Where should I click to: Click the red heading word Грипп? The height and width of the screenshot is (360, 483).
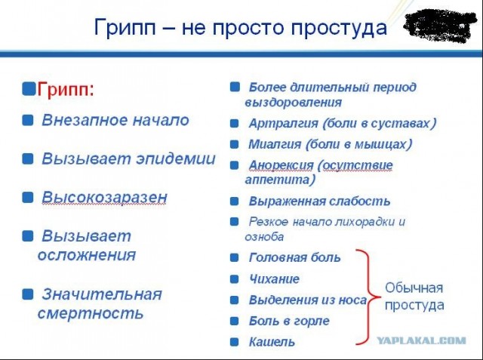66,89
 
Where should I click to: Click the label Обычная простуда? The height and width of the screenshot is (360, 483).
414,297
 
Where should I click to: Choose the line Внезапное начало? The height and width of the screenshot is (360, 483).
115,120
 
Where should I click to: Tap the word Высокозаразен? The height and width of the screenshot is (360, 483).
104,198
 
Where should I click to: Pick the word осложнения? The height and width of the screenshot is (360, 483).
87,254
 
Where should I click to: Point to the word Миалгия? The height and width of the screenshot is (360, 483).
275,143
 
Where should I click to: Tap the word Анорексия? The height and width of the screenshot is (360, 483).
281,165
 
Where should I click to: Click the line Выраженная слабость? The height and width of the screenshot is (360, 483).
319,202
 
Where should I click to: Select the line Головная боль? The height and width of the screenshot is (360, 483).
294,257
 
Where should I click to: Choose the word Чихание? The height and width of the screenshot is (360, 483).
274,278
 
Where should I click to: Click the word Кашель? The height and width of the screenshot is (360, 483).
272,342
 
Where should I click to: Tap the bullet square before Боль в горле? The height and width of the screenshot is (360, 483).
235,320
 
